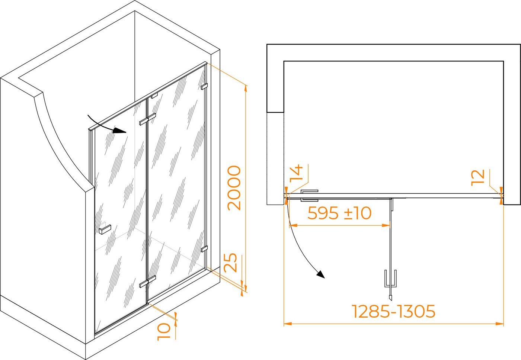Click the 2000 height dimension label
click(234, 188)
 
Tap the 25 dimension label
click(230, 262)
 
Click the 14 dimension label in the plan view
click(296, 173)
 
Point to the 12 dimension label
click(478, 177)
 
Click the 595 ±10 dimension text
click(339, 213)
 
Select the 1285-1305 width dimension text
click(394, 311)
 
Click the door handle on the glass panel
click(105, 229)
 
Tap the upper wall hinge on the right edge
click(204, 86)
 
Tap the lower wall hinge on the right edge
click(204, 249)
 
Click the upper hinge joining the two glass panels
click(147, 119)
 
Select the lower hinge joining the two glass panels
click(147, 282)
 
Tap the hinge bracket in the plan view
click(310, 196)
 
